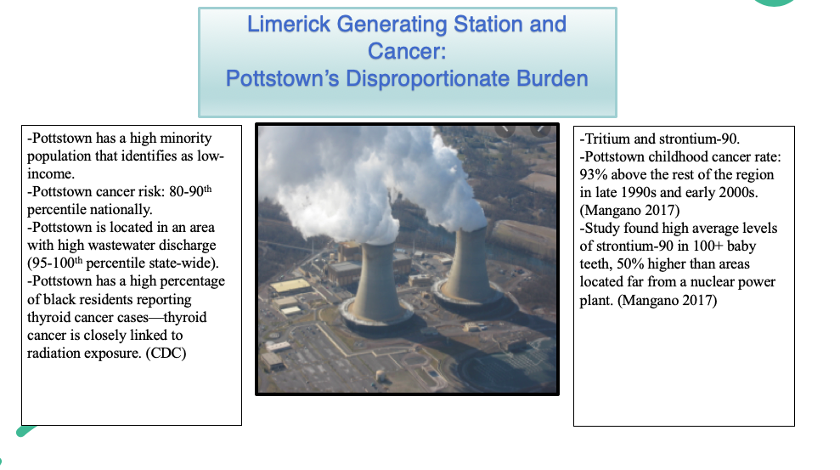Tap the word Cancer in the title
407,51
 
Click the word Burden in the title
552,79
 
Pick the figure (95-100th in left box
56,263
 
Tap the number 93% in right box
594,174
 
